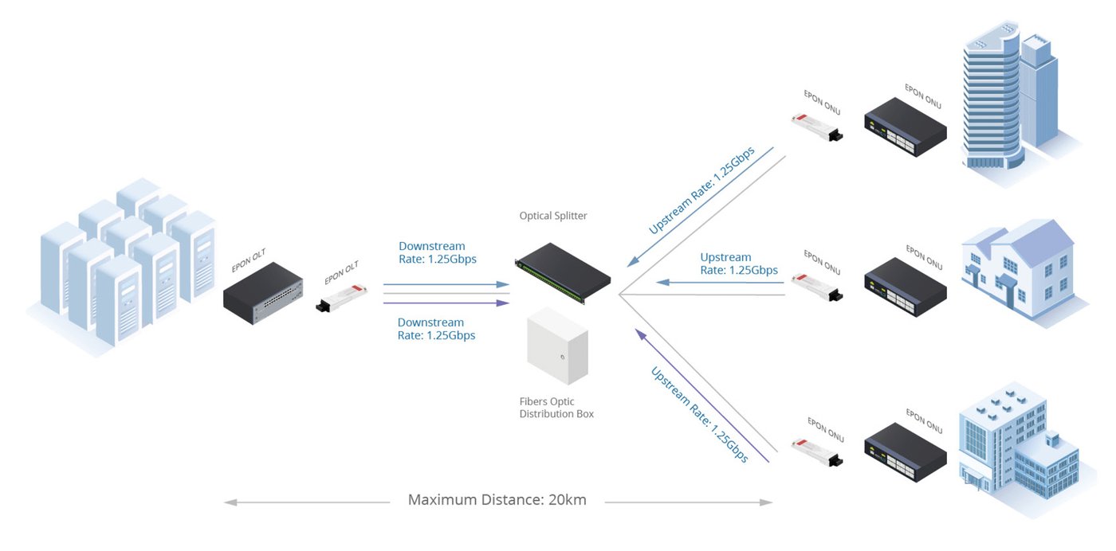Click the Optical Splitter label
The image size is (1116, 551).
click(x=553, y=216)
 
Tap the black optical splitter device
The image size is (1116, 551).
click(x=563, y=272)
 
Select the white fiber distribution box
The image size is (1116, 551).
click(x=557, y=346)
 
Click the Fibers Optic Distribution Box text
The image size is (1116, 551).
click(x=556, y=408)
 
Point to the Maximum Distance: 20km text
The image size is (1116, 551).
click(x=497, y=500)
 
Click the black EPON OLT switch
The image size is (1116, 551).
click(x=263, y=294)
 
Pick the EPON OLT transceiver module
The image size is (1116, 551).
click(x=342, y=298)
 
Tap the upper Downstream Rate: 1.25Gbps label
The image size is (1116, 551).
click(x=438, y=253)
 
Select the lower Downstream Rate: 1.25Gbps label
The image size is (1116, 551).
click(x=437, y=329)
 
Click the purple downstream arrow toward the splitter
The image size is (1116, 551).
click(x=446, y=303)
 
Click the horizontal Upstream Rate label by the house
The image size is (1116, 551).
click(x=739, y=264)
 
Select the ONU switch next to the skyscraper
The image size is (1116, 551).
click(x=906, y=127)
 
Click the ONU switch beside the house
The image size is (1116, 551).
click(x=906, y=287)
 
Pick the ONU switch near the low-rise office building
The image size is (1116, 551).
click(x=906, y=452)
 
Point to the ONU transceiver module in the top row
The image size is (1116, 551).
click(x=817, y=127)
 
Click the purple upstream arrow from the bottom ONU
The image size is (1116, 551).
click(x=702, y=395)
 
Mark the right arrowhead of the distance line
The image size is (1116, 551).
click(x=766, y=502)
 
